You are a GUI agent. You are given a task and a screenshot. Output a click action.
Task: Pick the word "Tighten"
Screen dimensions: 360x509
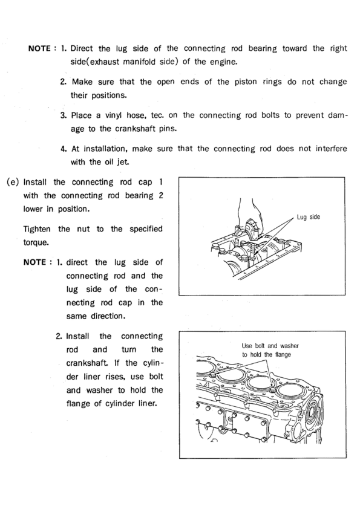tap(37, 229)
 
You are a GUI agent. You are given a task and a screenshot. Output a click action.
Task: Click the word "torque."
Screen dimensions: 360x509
tap(36, 243)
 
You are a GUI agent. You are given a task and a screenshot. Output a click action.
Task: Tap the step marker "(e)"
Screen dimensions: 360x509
tap(13, 182)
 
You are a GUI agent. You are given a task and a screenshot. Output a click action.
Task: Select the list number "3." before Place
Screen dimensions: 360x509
tap(64, 115)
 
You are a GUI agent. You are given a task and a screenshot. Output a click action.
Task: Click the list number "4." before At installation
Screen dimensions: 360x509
tap(64, 149)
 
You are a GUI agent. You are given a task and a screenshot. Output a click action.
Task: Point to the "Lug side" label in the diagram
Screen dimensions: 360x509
tap(309, 217)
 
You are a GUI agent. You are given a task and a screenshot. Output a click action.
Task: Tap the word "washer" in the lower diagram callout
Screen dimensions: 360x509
tap(289, 346)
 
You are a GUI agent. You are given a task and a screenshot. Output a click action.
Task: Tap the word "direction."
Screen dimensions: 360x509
tap(108, 316)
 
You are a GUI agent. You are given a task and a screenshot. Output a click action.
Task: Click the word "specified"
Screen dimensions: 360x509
tap(146, 229)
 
